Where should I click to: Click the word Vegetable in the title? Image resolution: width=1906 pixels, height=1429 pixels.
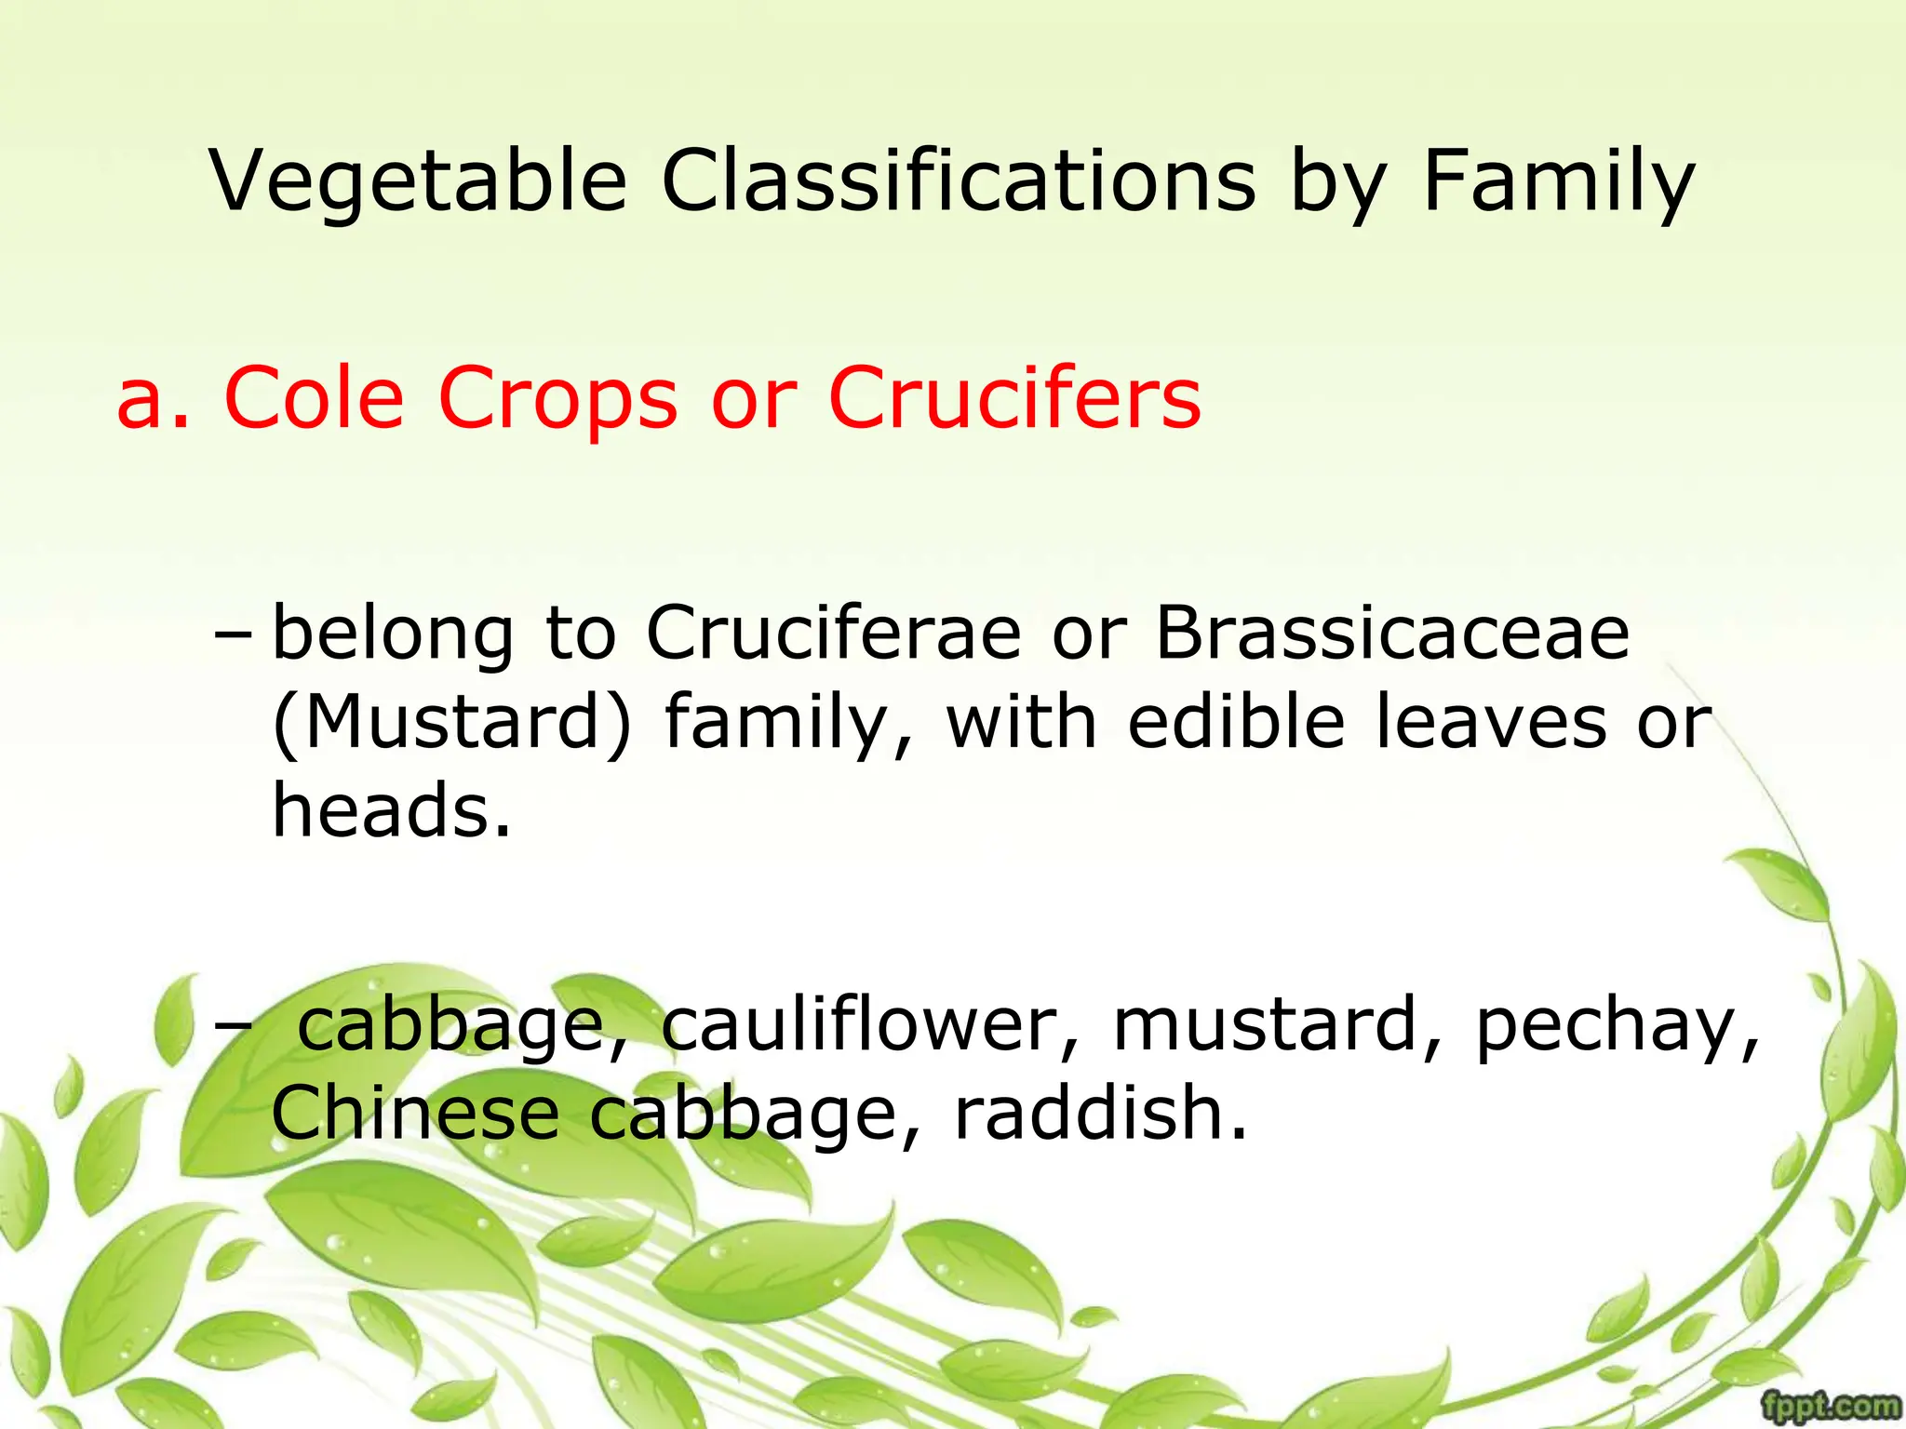(418, 181)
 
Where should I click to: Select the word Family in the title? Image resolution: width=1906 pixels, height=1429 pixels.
(1559, 181)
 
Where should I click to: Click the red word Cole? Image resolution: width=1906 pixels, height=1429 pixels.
(315, 398)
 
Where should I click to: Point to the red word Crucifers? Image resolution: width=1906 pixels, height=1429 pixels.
(1014, 398)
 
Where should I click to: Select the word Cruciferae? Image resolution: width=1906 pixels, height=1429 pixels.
(833, 633)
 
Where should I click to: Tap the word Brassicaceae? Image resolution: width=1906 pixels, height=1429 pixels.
(1392, 633)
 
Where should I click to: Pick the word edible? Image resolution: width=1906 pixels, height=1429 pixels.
(1236, 722)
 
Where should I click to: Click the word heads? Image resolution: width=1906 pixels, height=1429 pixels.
(391, 809)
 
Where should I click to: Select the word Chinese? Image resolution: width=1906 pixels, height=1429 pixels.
(415, 1113)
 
